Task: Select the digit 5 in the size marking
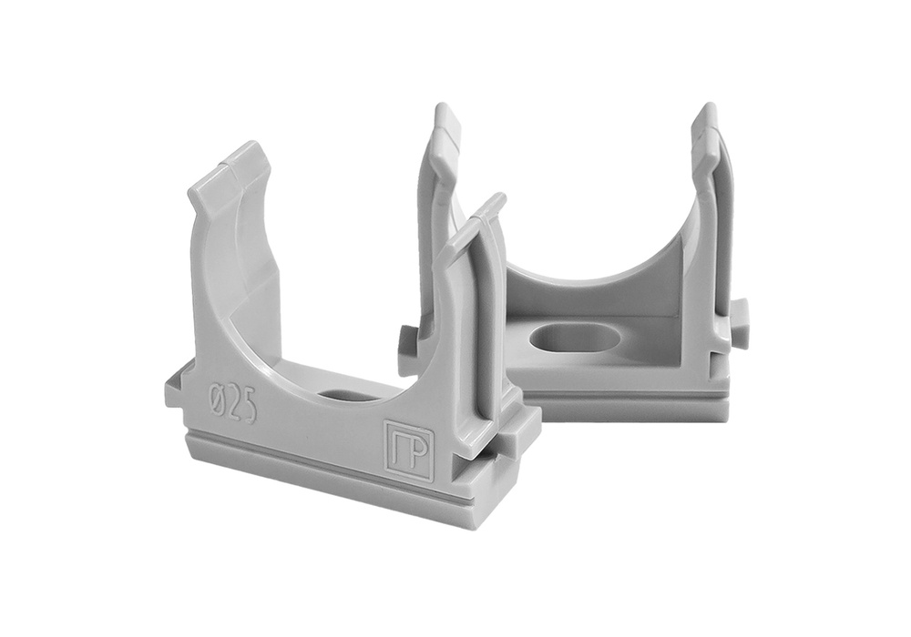(250, 405)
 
